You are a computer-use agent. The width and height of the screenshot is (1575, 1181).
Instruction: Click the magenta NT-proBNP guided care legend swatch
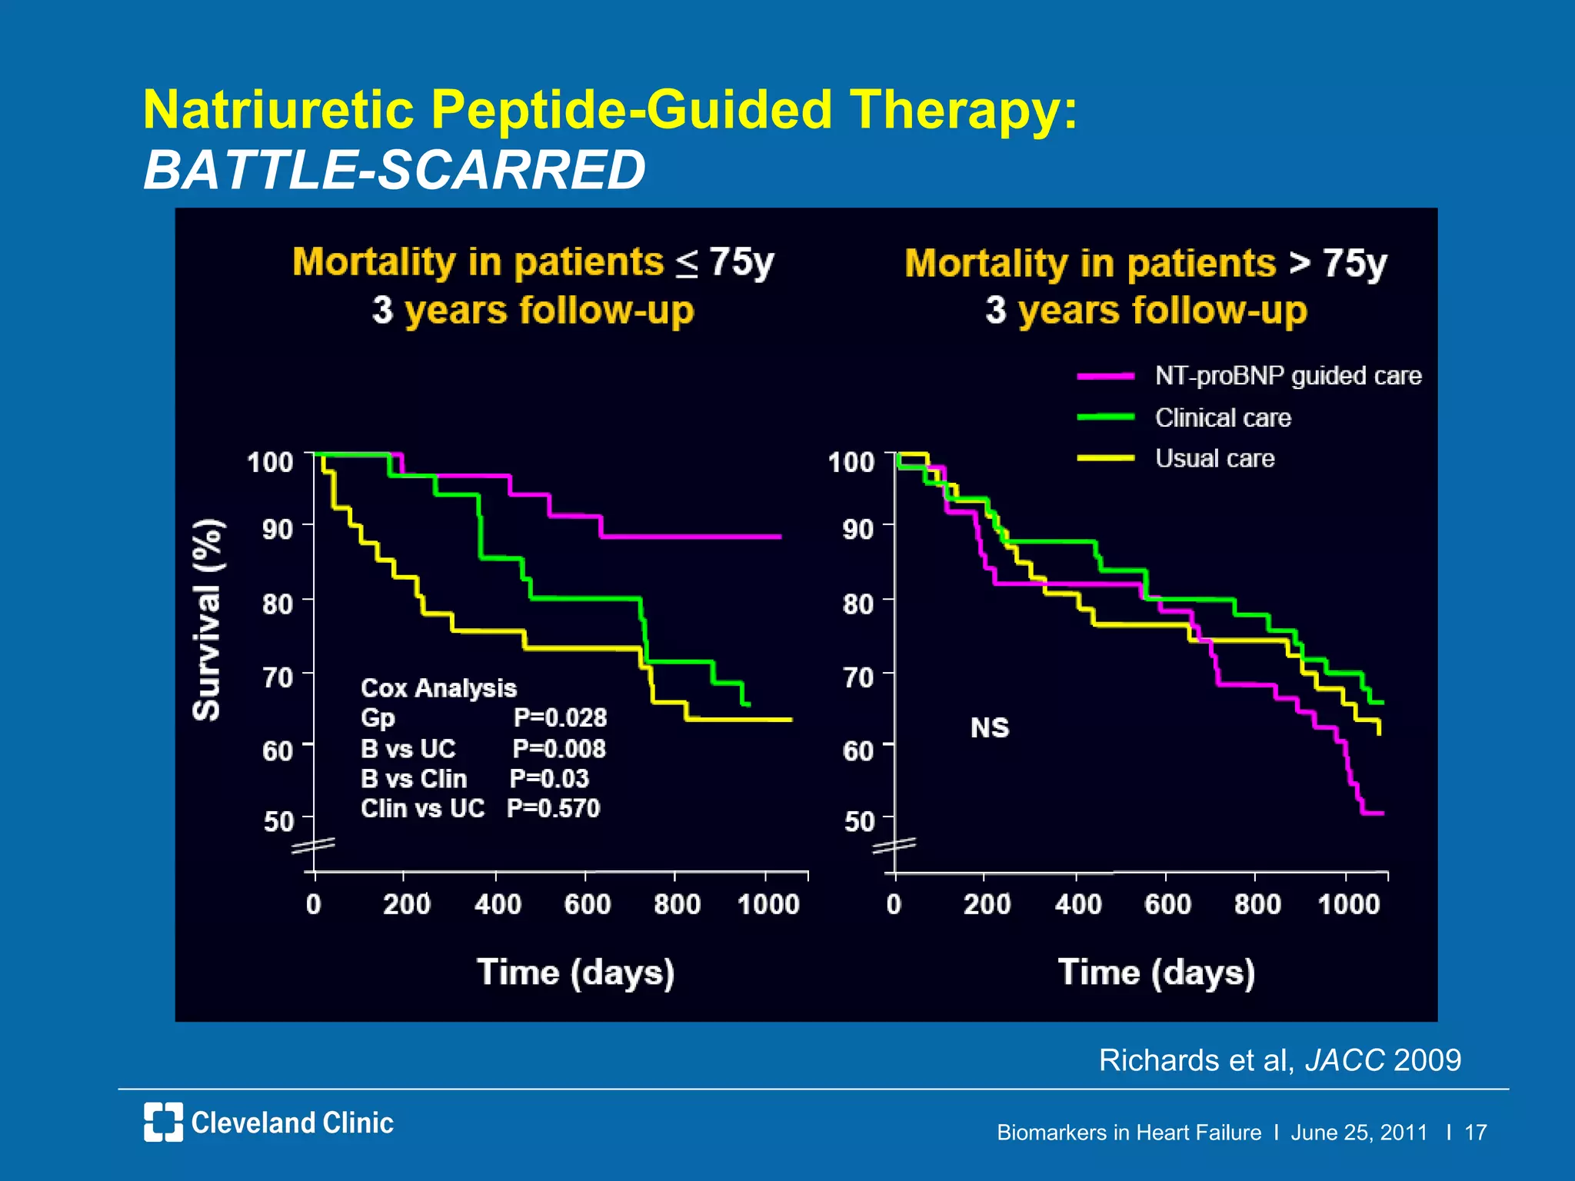[1105, 376]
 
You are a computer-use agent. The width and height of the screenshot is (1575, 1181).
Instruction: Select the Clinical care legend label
[1223, 418]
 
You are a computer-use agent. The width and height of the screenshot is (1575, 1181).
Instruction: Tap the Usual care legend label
[1214, 458]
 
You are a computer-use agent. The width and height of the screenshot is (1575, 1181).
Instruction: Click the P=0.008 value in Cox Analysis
[559, 748]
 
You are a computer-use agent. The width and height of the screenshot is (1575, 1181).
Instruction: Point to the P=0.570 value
[553, 808]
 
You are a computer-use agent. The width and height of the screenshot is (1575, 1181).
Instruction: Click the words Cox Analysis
[438, 687]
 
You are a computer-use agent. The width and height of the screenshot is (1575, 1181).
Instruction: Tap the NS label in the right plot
[989, 727]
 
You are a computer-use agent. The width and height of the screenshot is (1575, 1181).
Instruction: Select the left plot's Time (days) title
[575, 973]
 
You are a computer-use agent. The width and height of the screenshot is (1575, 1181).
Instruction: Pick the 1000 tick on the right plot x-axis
[1348, 904]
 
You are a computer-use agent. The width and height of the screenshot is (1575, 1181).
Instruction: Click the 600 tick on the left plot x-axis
[587, 904]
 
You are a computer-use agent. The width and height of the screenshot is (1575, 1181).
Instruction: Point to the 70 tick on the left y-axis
[277, 677]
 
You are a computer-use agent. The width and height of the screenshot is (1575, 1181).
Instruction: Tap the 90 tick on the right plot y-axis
[857, 529]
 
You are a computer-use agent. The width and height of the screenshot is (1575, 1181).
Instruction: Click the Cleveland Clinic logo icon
[163, 1122]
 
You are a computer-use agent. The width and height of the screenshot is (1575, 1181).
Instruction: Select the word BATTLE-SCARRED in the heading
[395, 170]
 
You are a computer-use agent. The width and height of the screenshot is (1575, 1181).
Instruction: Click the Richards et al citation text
[1279, 1060]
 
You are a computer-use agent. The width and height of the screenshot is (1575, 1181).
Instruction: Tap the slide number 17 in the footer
[1475, 1133]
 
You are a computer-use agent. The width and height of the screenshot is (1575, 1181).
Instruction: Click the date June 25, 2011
[1358, 1133]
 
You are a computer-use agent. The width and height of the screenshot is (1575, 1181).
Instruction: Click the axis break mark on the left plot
[313, 846]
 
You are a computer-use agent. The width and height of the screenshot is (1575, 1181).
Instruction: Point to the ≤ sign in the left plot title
[687, 264]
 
